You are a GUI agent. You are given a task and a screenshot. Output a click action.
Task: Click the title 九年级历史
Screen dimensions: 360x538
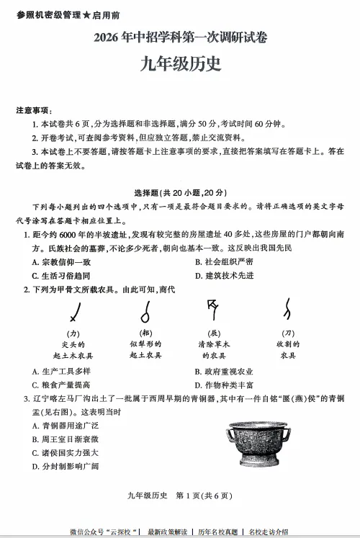[x=181, y=64]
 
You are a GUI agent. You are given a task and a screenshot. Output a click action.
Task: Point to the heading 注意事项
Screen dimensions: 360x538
[x=34, y=110]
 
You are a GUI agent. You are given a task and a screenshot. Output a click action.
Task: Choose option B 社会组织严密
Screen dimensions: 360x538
[x=224, y=261]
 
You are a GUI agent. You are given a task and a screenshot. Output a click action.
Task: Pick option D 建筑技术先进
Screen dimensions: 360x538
[x=224, y=275]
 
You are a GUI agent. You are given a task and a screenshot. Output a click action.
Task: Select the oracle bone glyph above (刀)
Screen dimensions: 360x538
[x=287, y=310]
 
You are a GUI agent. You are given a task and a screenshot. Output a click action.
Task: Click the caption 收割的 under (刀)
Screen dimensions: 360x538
[x=288, y=344]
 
